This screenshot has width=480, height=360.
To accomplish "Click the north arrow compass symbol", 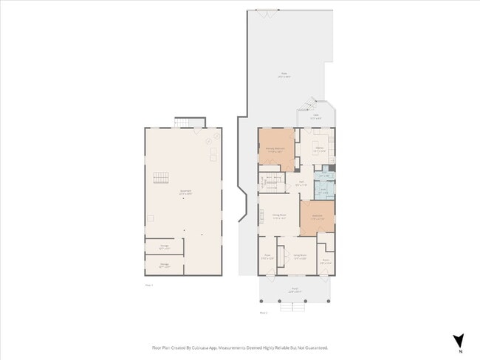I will [458, 340].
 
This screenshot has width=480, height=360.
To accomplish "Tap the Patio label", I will [284, 75].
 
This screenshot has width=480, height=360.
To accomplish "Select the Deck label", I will [315, 116].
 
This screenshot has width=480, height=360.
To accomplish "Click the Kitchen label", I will [320, 149].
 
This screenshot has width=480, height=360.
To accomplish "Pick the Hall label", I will [301, 184].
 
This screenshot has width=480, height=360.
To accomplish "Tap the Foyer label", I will [267, 257].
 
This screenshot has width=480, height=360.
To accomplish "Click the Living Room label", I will [300, 256].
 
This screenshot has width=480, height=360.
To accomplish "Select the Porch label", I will [293, 291].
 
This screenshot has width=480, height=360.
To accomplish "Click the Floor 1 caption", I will [148, 284].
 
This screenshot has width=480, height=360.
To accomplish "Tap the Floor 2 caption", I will [263, 313].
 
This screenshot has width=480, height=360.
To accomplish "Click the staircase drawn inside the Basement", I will [161, 178].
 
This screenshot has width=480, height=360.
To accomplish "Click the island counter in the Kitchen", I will [320, 142].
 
